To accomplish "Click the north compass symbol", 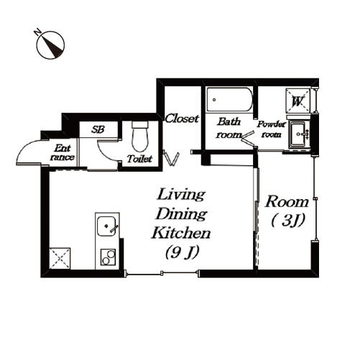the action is coord(50,45).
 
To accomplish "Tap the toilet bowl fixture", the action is coord(140,136).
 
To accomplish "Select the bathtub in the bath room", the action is coord(229,99).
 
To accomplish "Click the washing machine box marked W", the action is coord(297,101).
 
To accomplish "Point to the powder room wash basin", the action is coord(297,134).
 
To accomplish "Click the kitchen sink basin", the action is coord(107,226).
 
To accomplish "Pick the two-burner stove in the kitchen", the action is coord(108,257).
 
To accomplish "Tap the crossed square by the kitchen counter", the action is coord(60,259).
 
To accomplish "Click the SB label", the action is coord(98,129).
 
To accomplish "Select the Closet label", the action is coord(182,119).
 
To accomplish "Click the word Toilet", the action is coord(139,159).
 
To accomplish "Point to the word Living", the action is coord(181,195).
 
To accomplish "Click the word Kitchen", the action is coord(181,233).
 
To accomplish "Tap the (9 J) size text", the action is coord(183,252).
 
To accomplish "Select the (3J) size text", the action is coord(288,220).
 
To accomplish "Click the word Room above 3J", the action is coord(287,202).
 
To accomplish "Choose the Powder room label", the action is coord(272,129).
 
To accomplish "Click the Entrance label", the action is coord(63,152).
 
